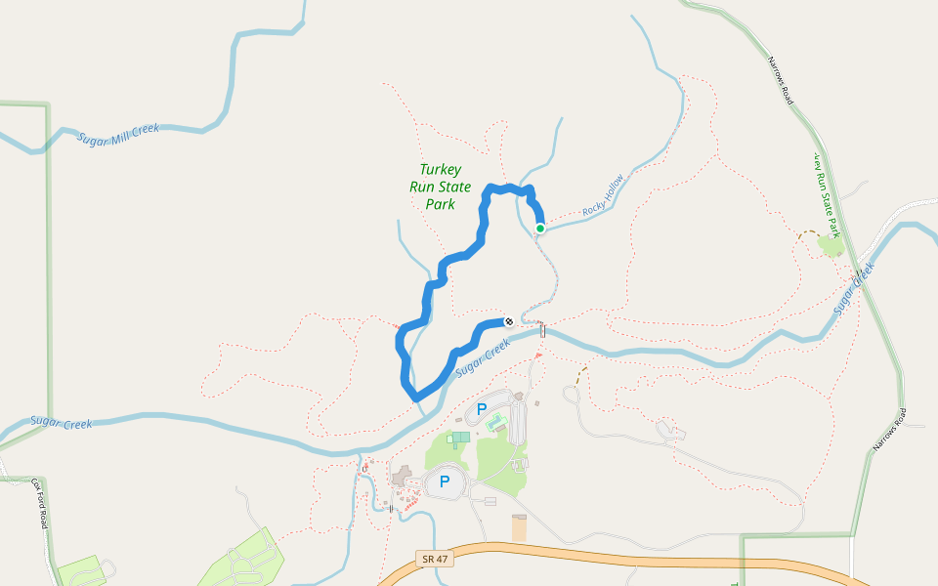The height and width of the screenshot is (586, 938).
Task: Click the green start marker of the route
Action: pos(539,229)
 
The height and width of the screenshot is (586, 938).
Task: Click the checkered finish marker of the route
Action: pos(508,321)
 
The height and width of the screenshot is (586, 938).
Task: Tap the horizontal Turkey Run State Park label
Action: pos(440,187)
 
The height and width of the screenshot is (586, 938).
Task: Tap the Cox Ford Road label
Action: pos(39,504)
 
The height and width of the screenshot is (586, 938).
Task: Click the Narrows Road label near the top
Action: pos(779,81)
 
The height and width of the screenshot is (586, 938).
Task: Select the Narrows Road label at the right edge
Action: pos(890,430)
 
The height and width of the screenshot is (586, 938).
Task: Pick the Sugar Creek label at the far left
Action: pos(61,423)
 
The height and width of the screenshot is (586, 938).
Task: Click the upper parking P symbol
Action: pos(481,407)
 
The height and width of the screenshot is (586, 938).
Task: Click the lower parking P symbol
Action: pos(445,481)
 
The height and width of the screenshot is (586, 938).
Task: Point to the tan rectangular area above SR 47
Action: pos(519,528)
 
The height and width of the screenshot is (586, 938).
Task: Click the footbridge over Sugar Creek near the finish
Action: pos(542,330)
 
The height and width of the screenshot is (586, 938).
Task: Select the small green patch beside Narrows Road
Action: pos(831,245)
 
